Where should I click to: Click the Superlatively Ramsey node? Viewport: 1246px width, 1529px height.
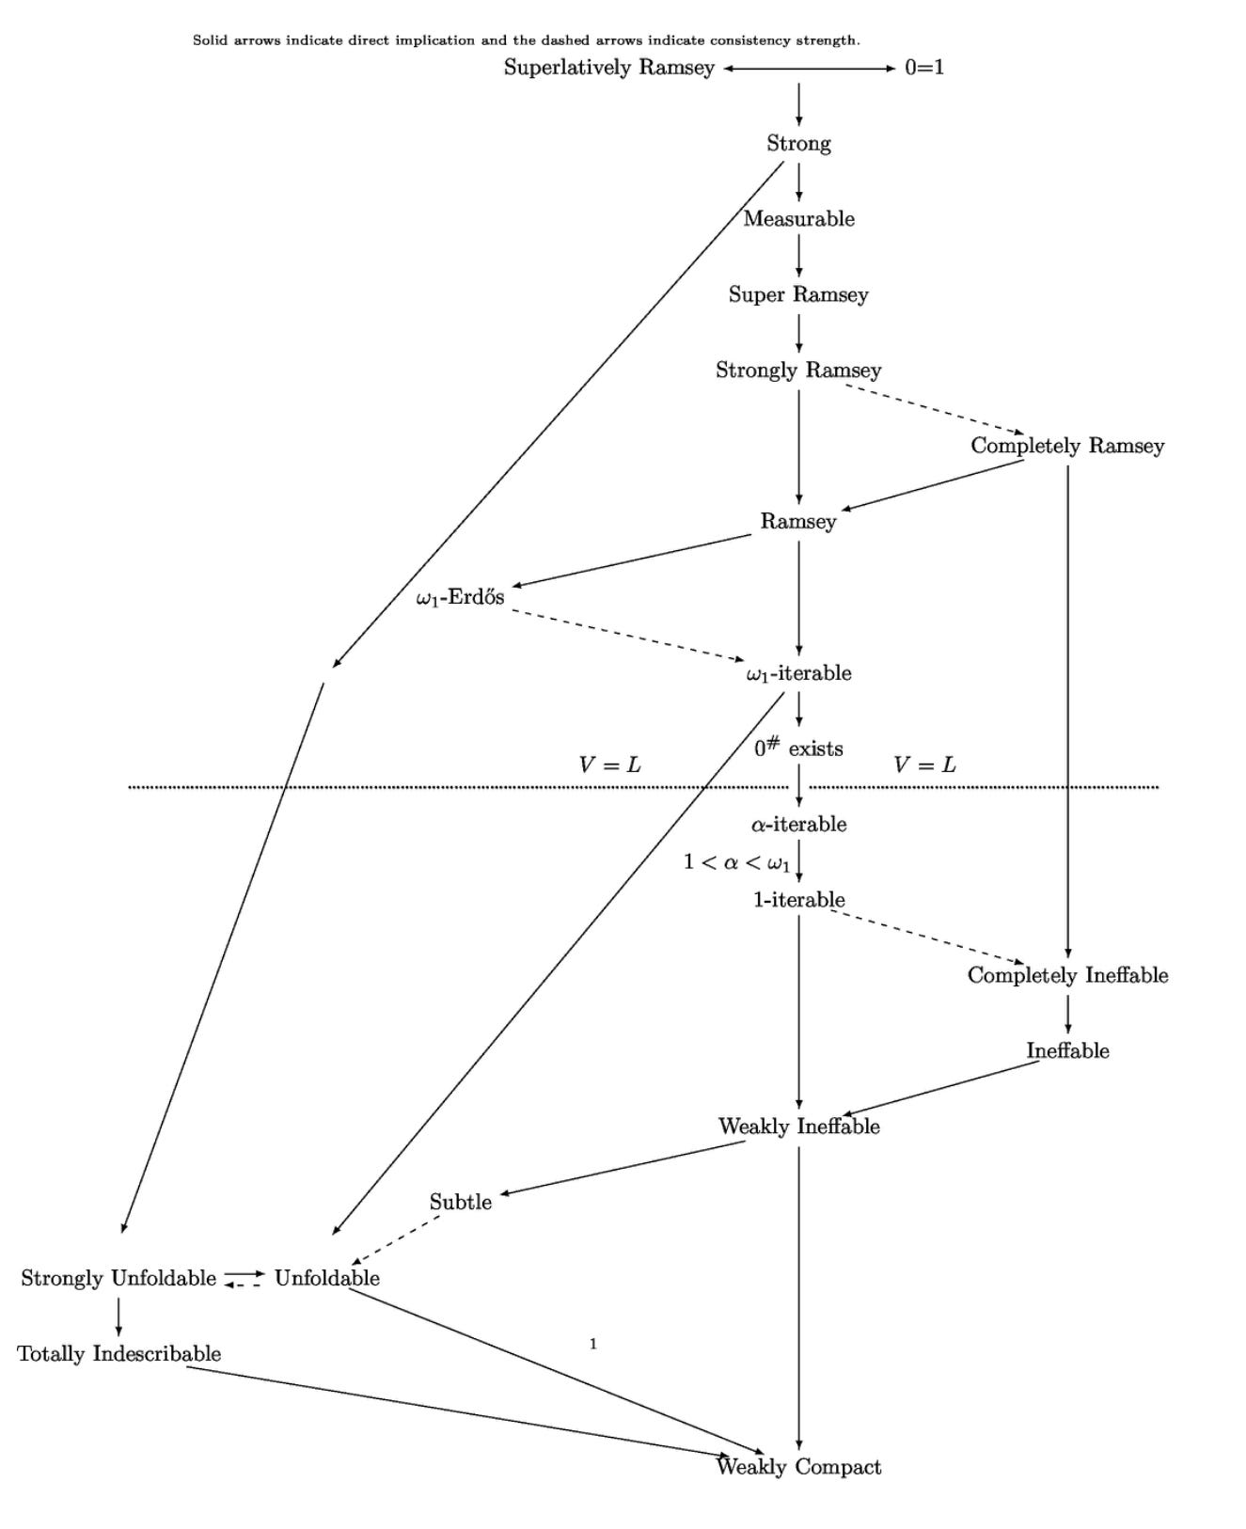pyautogui.click(x=608, y=68)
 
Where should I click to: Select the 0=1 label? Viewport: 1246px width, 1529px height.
pyautogui.click(x=923, y=68)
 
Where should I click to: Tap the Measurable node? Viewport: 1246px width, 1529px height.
pyautogui.click(x=798, y=219)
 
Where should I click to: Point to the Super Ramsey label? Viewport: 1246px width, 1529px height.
pyautogui.click(x=798, y=294)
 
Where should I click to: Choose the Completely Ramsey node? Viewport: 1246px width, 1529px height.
pyautogui.click(x=1067, y=446)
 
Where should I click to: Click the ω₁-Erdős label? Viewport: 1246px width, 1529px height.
pyautogui.click(x=460, y=597)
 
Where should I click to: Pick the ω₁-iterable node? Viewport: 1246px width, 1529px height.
pyautogui.click(x=798, y=673)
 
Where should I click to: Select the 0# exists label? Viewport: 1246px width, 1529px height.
pyautogui.click(x=798, y=749)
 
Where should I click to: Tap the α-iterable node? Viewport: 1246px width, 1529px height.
pyautogui.click(x=798, y=825)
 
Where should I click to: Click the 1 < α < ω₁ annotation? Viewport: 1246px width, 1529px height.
pyautogui.click(x=736, y=862)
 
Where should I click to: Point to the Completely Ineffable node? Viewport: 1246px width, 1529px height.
pyautogui.click(x=1067, y=975)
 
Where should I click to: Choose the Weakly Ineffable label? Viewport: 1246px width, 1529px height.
pyautogui.click(x=798, y=1127)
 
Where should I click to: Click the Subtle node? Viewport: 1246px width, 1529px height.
pyautogui.click(x=460, y=1202)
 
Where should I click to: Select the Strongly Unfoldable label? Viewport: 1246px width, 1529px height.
pyautogui.click(x=118, y=1278)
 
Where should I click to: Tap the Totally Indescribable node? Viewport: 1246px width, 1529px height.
pyautogui.click(x=118, y=1354)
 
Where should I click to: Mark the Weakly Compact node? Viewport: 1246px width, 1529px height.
pyautogui.click(x=798, y=1467)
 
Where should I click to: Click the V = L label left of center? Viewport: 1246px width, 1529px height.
pyautogui.click(x=609, y=765)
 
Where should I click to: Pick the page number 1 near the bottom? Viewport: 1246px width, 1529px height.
pyautogui.click(x=592, y=1345)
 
